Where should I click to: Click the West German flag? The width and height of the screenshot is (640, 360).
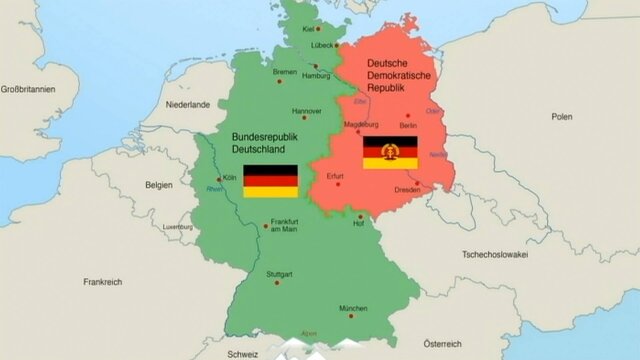coord(270,181)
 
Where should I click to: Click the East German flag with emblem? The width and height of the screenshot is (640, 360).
coord(390,153)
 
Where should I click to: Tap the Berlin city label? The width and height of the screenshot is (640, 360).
coord(407,126)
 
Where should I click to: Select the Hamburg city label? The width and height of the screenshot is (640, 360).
coord(315,76)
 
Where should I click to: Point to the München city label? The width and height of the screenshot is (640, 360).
coord(353,308)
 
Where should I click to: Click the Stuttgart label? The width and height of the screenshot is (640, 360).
coord(279,274)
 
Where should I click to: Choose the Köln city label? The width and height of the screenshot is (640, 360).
coord(229,177)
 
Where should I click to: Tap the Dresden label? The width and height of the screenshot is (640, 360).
coord(407,189)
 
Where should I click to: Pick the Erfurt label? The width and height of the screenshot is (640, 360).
coord(335,176)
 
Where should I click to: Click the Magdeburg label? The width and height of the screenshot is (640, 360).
coord(361,125)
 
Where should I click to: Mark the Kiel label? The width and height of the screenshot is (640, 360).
coord(308,30)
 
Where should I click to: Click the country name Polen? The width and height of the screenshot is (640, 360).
coord(561,117)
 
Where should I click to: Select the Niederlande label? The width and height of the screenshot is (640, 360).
coord(188,104)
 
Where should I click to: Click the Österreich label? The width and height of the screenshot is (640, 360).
coord(442,343)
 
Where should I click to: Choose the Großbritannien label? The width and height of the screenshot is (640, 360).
coord(27,89)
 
